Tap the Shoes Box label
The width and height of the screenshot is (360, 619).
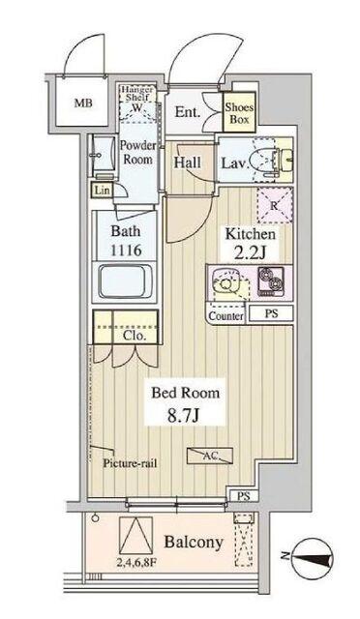(x=238, y=115)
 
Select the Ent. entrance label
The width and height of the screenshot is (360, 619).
(x=188, y=112)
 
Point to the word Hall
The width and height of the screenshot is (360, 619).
(x=188, y=162)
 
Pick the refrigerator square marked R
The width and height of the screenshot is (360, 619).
(x=274, y=204)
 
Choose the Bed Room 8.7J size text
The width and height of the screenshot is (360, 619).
(x=184, y=405)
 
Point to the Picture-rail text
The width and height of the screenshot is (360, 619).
(x=133, y=462)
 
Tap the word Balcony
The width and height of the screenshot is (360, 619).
(x=197, y=543)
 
